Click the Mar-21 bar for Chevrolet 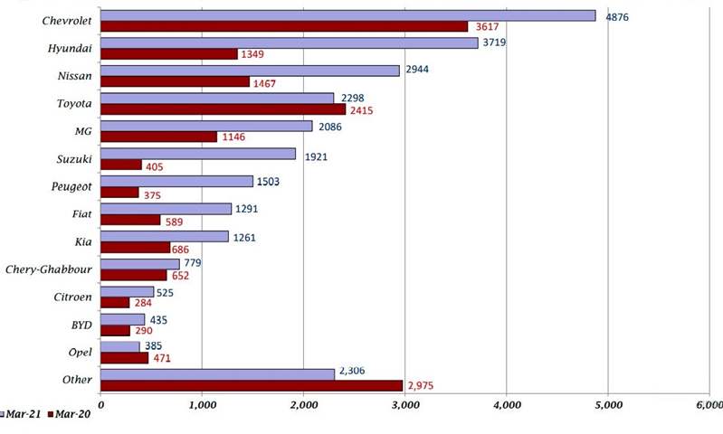pos(347,15)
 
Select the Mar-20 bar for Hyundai pos(168,54)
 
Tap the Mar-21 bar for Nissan pos(250,71)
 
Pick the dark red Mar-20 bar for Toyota pos(223,109)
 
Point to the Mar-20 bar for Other pos(251,385)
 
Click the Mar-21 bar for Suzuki pos(197,154)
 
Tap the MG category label pos(84,132)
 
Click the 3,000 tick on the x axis pos(404,403)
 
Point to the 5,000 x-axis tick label pos(607,403)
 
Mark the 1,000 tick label pos(202,403)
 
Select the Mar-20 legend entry pos(71,414)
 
